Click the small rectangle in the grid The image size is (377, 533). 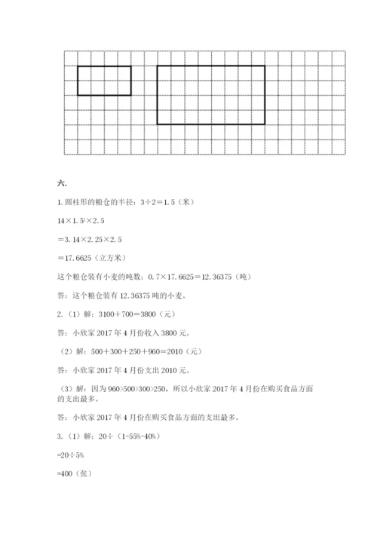pos(104,81)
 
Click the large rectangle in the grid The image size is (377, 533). pos(211,94)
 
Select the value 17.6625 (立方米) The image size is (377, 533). pos(92,257)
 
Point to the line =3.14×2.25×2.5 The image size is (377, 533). pos(90,239)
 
